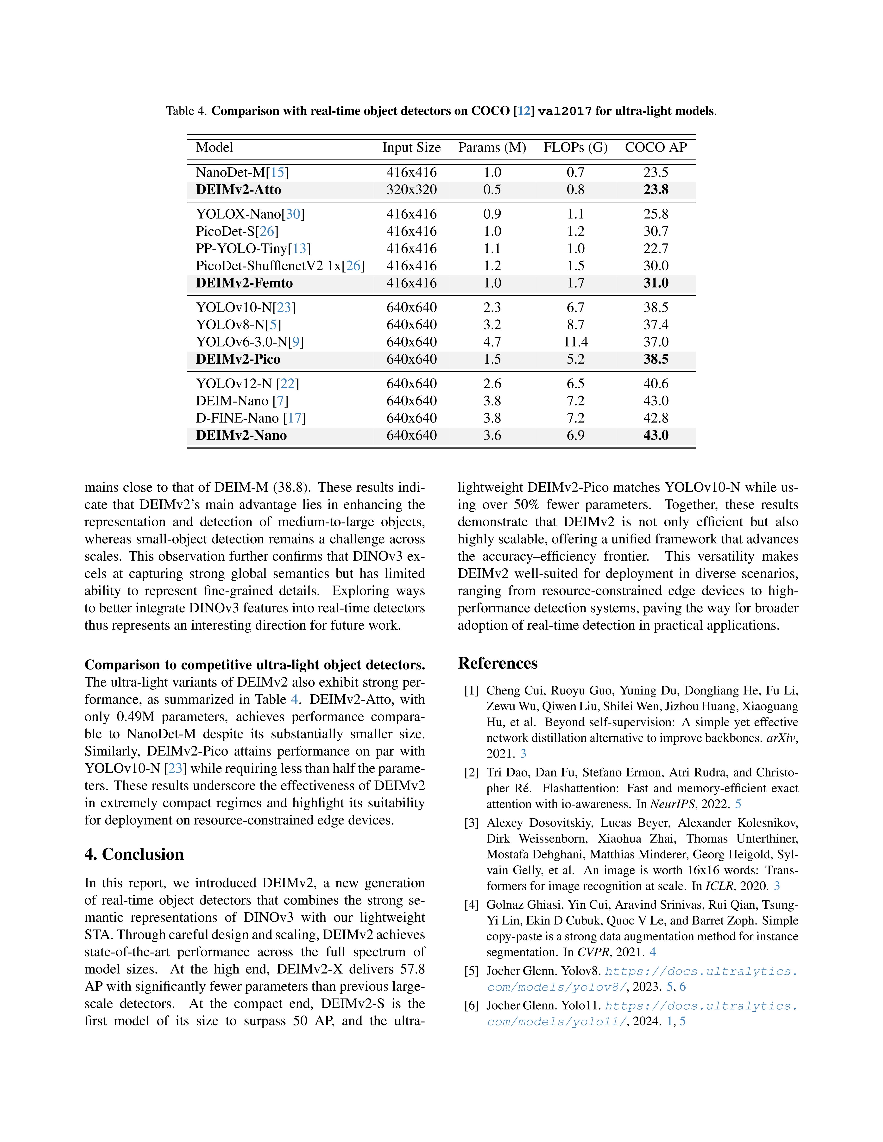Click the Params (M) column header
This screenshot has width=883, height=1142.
[492, 148]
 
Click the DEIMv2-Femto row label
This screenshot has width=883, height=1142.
[244, 283]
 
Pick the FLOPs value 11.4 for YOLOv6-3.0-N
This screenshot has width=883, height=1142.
[575, 342]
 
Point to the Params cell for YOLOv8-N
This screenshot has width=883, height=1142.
[492, 325]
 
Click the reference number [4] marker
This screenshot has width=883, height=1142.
[471, 905]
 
